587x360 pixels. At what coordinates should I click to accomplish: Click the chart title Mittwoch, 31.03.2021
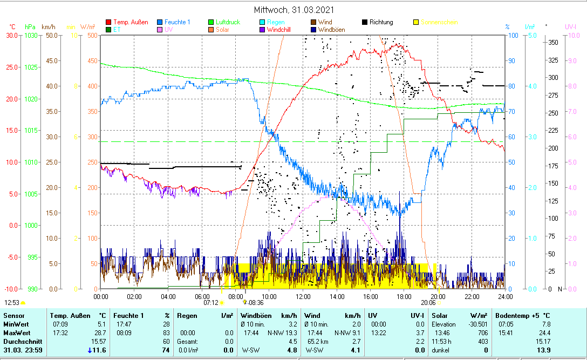tap(294, 10)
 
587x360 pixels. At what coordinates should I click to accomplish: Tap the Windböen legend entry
tap(332, 30)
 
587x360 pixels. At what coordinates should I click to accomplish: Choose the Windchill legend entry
tap(278, 30)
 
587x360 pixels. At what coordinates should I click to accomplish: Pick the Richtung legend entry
tap(381, 22)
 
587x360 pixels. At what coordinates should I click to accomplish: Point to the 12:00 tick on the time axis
tap(303, 296)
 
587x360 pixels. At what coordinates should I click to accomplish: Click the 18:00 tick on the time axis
tap(404, 296)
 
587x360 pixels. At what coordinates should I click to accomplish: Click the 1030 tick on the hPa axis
tap(31, 35)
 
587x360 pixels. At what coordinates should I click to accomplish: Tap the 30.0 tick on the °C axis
tap(10, 35)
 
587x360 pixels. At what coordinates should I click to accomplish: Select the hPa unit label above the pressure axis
tap(30, 26)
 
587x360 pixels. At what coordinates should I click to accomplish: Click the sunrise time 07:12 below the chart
tap(210, 303)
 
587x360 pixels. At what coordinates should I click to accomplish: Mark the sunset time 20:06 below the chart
tap(428, 303)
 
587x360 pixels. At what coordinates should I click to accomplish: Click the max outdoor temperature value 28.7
tap(100, 333)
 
